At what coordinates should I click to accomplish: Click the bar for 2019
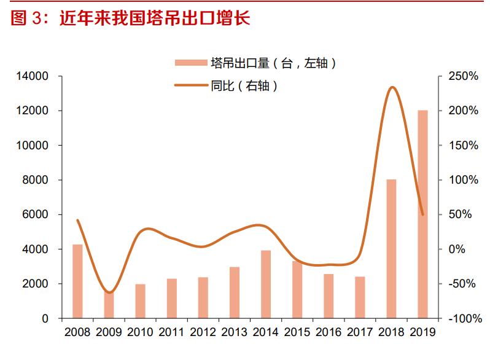point(422,214)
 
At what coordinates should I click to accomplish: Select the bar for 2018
point(391,249)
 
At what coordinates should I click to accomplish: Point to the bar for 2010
point(140,301)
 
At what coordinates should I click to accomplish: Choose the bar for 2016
point(329,296)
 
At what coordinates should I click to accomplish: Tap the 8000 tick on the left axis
point(38,180)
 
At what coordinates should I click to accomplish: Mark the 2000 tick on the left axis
point(38,284)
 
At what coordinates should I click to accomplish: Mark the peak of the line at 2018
point(392,87)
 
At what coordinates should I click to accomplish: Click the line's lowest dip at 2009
point(109,292)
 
